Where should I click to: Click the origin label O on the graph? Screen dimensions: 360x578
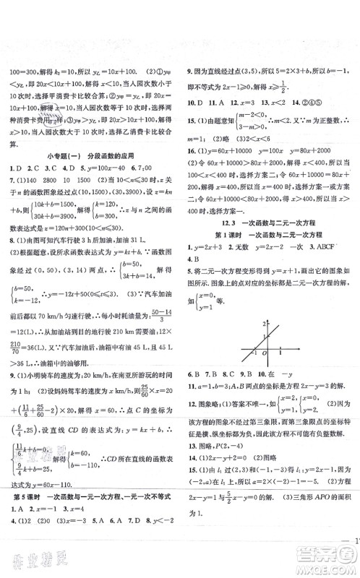coord(265,413)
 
